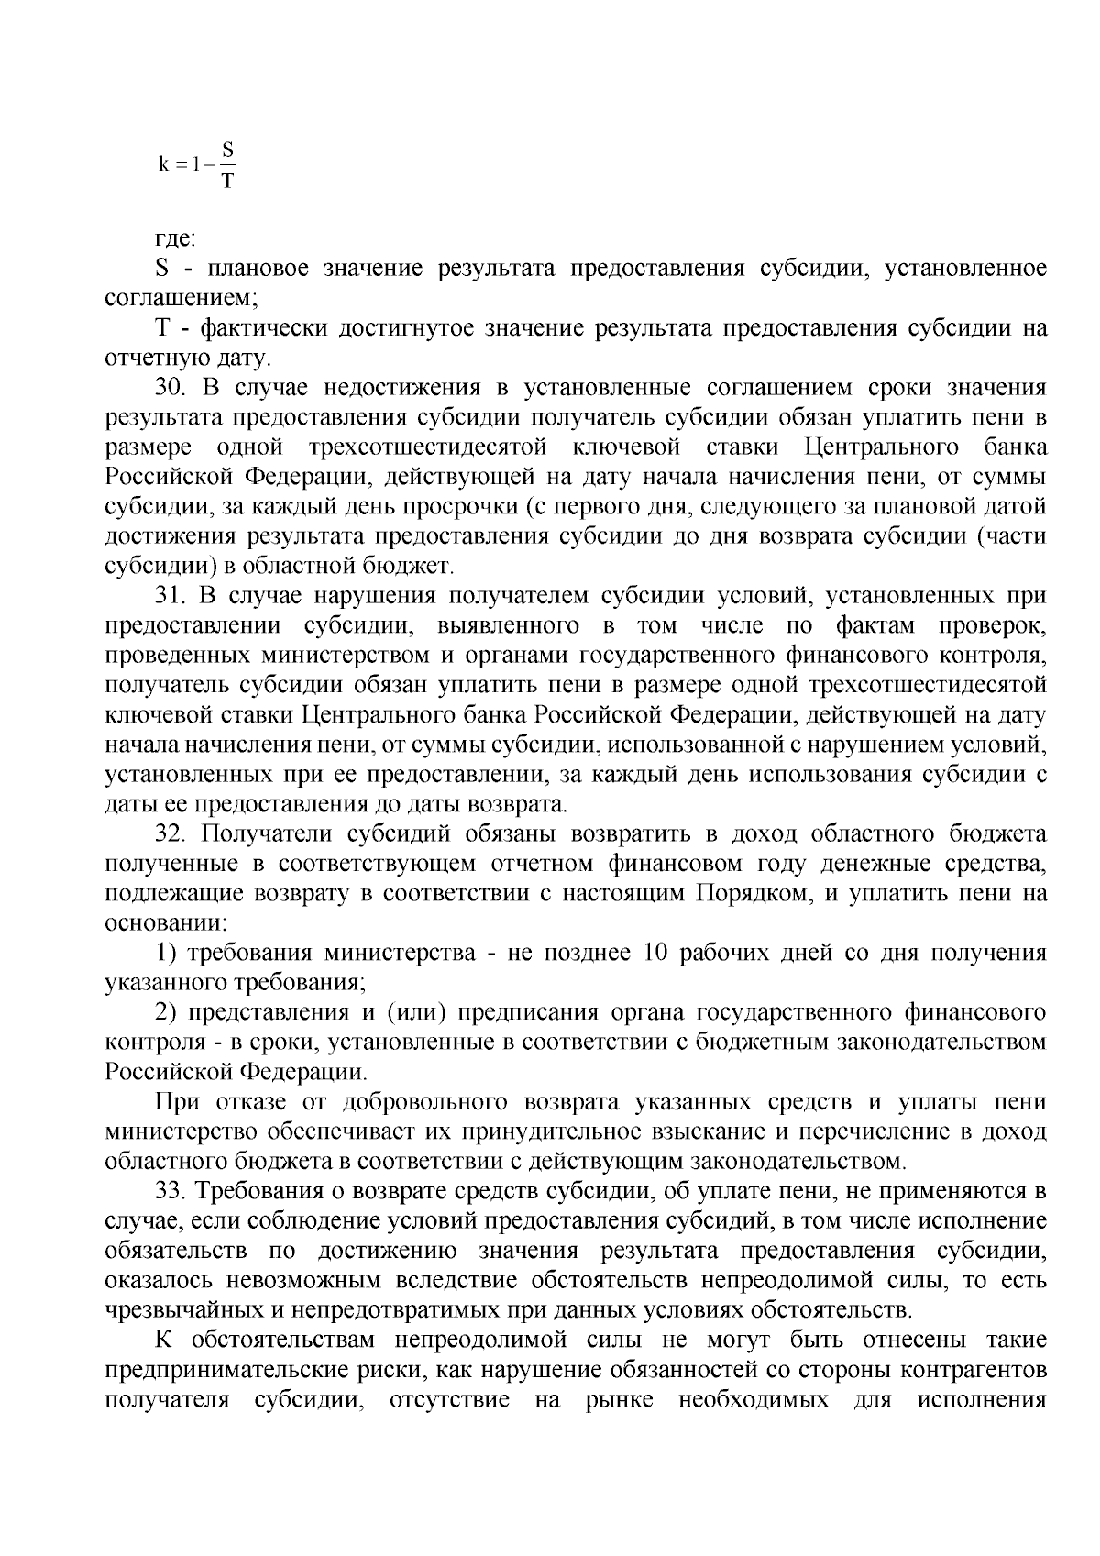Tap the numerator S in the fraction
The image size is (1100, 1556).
(227, 149)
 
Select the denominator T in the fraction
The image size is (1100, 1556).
(227, 181)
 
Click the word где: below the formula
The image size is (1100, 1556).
(174, 238)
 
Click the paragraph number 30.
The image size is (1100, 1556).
(170, 388)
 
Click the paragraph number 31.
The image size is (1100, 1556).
(170, 596)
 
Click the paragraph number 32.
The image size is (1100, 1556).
(170, 833)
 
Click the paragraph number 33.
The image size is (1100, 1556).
(170, 1191)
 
